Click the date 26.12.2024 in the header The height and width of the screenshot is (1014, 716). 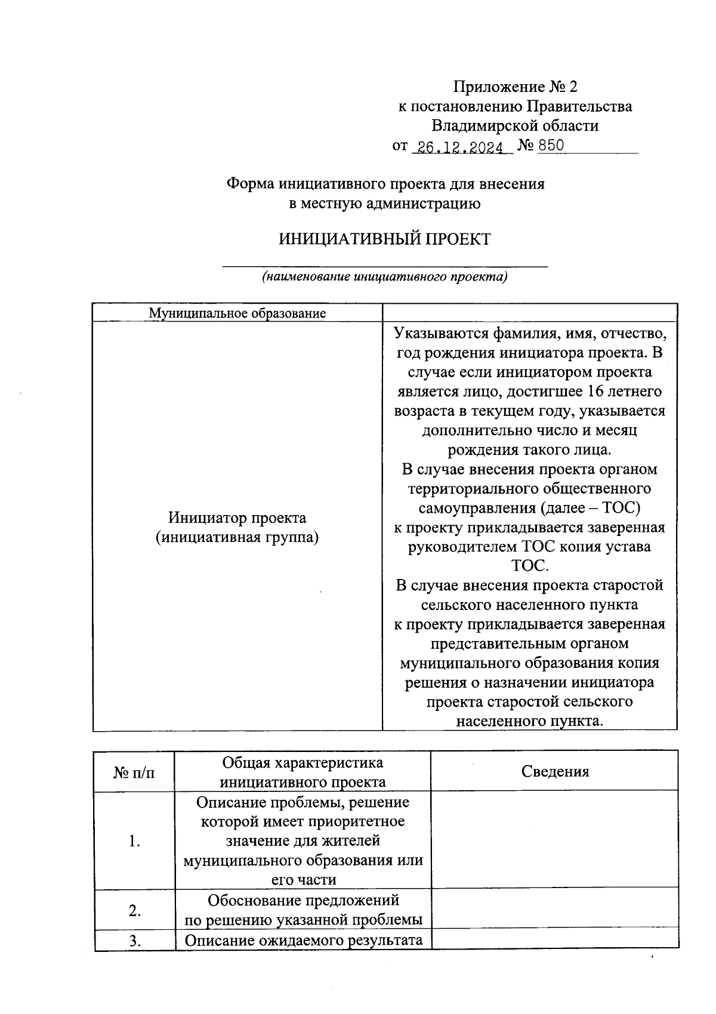461,147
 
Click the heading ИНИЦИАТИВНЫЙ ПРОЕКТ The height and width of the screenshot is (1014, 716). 385,240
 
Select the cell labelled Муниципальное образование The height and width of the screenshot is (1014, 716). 237,313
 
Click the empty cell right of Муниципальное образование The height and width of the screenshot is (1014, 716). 529,313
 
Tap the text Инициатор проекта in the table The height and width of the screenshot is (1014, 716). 237,517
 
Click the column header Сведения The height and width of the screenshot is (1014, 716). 554,771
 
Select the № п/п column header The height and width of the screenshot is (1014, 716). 134,772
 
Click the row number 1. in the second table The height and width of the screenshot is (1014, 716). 134,842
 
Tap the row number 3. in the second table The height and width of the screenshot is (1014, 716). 134,941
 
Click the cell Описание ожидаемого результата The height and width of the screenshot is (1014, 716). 303,941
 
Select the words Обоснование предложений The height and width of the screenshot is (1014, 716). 303,900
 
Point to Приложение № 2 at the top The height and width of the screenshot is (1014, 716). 516,87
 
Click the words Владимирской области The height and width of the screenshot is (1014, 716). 516,126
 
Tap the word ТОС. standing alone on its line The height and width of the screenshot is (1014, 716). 529,566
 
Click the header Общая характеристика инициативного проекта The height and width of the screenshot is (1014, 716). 303,772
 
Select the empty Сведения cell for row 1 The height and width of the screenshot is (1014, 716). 554,840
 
